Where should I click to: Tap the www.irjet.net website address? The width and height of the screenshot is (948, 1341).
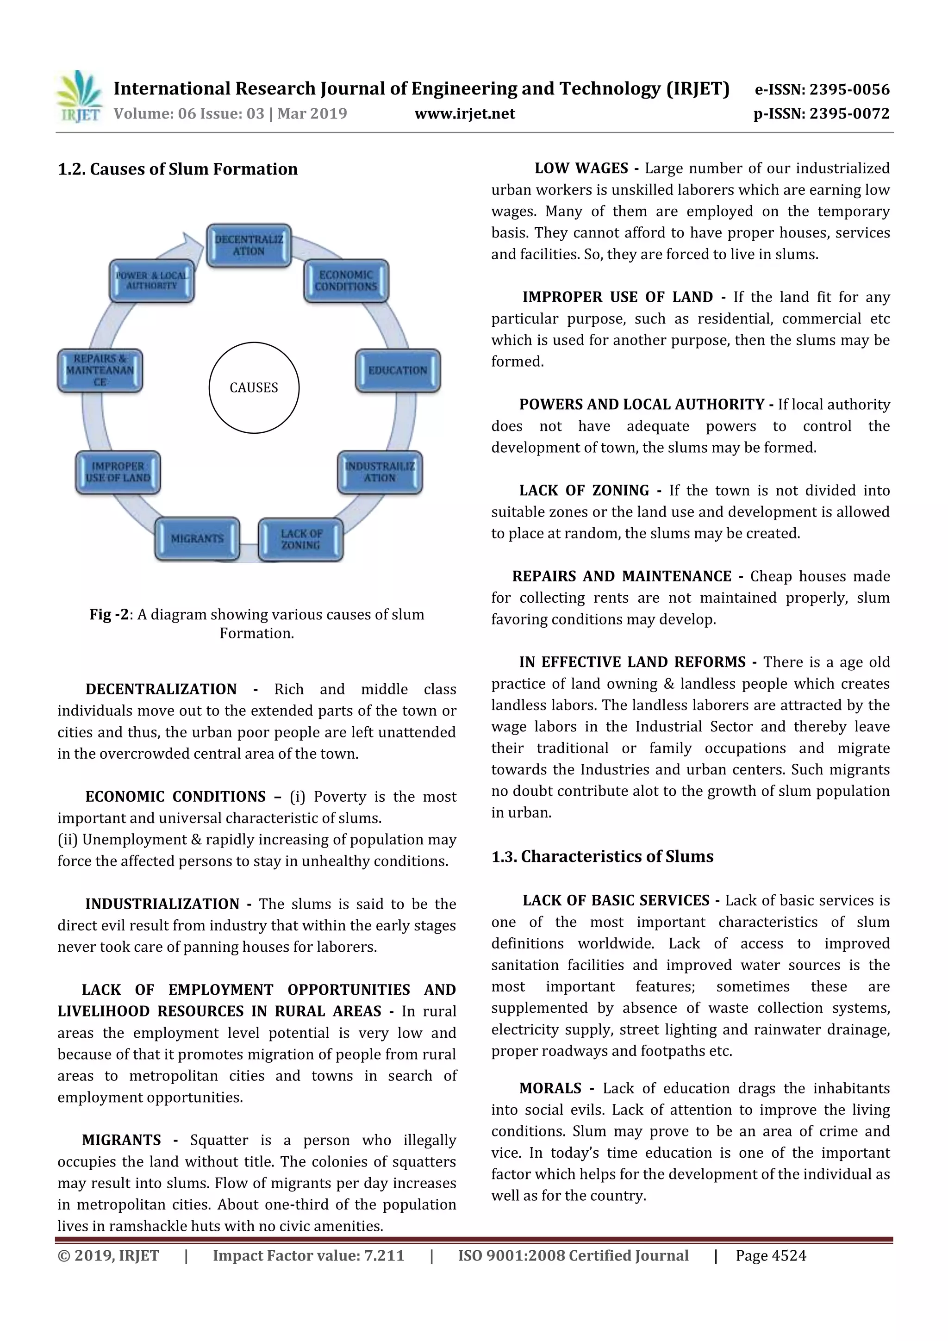tap(464, 114)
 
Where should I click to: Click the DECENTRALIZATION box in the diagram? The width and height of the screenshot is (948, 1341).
tap(249, 245)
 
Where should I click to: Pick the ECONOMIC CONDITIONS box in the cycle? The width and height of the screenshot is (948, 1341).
tap(346, 281)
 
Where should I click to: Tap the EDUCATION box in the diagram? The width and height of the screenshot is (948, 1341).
tap(398, 370)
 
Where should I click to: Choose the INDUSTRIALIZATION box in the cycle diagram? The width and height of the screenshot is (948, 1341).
tap(380, 472)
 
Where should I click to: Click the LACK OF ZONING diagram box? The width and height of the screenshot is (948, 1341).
tap(300, 539)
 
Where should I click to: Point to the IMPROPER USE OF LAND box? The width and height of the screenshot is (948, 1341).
tap(118, 472)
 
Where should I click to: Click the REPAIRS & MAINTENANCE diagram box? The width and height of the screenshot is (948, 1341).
tap(100, 370)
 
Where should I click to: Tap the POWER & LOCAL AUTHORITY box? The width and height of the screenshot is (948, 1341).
tap(152, 281)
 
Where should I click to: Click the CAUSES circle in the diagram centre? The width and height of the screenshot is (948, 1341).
tap(254, 388)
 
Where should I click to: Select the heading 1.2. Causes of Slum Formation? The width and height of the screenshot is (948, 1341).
tap(178, 169)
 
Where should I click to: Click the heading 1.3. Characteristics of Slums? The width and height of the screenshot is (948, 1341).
tap(602, 857)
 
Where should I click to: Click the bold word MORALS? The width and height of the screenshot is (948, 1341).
tap(550, 1089)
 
